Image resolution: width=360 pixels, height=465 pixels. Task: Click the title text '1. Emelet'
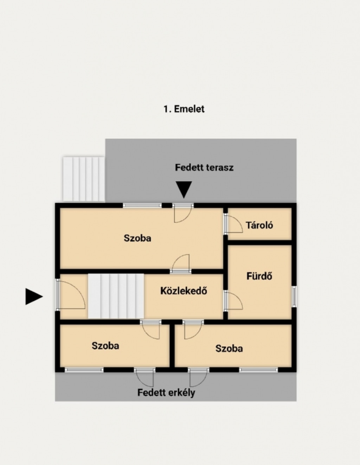tap(184, 109)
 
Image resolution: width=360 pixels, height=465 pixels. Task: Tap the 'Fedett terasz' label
tap(204, 167)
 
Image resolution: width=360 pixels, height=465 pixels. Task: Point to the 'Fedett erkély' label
tap(166, 393)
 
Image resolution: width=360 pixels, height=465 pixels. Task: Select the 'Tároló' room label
tap(259, 225)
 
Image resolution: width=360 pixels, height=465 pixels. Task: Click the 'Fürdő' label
tap(259, 276)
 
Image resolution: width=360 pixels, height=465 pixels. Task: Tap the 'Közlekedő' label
tap(184, 291)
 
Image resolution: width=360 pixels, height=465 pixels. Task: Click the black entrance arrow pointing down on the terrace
tap(184, 190)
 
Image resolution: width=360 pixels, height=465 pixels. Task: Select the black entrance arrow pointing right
tap(34, 297)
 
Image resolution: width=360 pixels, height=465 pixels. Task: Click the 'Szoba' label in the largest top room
tap(137, 238)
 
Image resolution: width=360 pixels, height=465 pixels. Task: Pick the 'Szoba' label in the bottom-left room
tap(105, 346)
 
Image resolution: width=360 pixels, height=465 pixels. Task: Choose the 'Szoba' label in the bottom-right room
tap(229, 349)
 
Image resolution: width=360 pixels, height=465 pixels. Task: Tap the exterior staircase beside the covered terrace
tap(84, 179)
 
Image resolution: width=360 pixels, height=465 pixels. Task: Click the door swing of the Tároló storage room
tap(234, 224)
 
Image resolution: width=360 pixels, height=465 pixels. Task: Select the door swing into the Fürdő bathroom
tap(234, 300)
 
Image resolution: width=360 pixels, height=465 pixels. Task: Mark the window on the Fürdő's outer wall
tap(294, 297)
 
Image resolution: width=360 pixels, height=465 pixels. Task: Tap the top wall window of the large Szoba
tap(142, 205)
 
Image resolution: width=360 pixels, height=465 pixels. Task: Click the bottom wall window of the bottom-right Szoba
tap(258, 370)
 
